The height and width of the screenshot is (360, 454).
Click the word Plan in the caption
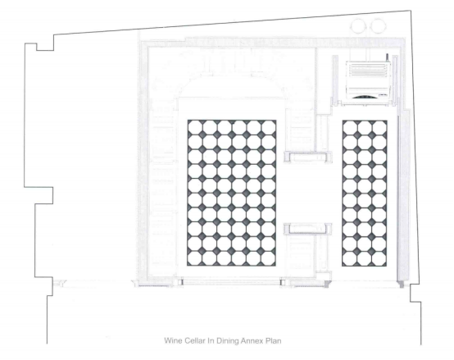(274, 340)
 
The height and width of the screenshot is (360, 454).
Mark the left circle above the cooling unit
(359, 25)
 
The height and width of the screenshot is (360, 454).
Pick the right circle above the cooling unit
(378, 25)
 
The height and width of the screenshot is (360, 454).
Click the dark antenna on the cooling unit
(387, 58)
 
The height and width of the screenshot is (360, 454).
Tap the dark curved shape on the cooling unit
(365, 97)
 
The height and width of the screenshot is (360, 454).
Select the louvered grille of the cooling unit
(368, 70)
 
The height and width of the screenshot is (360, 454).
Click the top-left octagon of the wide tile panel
(195, 127)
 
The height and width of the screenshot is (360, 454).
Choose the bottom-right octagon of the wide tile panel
(269, 258)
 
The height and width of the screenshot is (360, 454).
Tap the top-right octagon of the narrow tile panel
(379, 127)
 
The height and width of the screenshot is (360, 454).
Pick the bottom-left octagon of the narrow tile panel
(349, 259)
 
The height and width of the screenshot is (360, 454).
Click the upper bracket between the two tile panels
(308, 157)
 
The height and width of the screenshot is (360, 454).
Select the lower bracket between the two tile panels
(307, 229)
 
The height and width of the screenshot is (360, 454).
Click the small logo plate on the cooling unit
(382, 95)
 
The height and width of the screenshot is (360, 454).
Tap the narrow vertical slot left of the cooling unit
(335, 80)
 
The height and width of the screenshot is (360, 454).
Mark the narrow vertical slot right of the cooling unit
(395, 80)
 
